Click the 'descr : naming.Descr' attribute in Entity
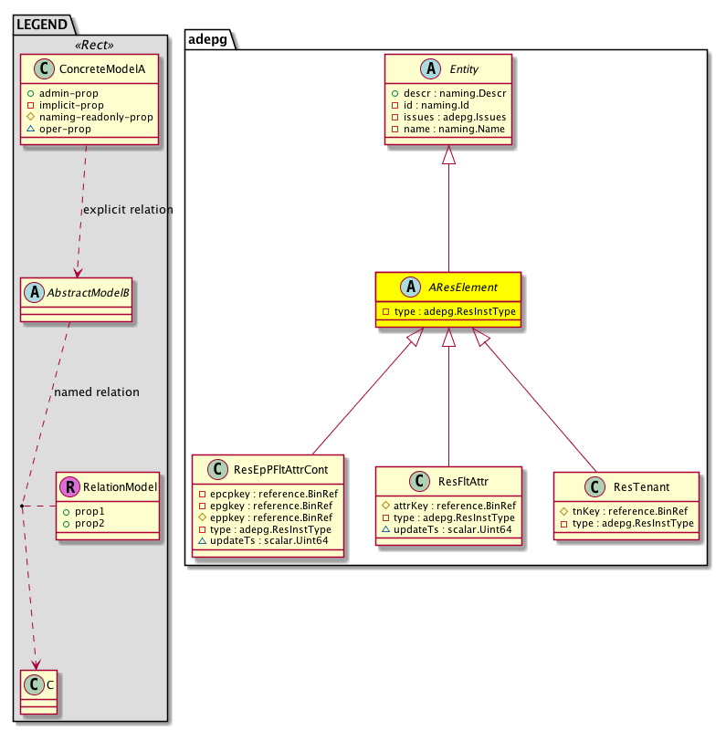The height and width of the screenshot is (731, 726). (447, 92)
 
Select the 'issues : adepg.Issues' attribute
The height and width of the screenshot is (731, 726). (447, 118)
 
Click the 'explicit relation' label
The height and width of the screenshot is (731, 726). (128, 210)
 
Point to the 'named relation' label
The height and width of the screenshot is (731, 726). (97, 392)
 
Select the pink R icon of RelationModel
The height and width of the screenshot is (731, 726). (69, 487)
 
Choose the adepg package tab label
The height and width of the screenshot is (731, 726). (208, 38)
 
